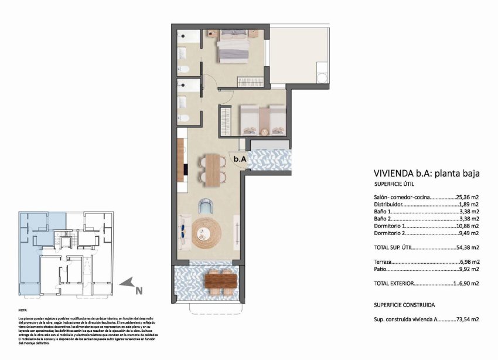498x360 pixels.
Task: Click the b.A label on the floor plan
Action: [x=240, y=158]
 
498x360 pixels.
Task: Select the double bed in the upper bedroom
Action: [x=234, y=50]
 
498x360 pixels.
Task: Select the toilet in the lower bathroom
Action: [x=183, y=119]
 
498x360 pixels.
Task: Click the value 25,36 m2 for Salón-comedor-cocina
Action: [x=468, y=198]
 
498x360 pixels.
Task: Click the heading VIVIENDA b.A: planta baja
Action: [x=427, y=174]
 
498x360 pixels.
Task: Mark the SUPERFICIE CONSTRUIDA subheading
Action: [x=405, y=305]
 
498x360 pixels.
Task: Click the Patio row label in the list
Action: [x=380, y=269]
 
